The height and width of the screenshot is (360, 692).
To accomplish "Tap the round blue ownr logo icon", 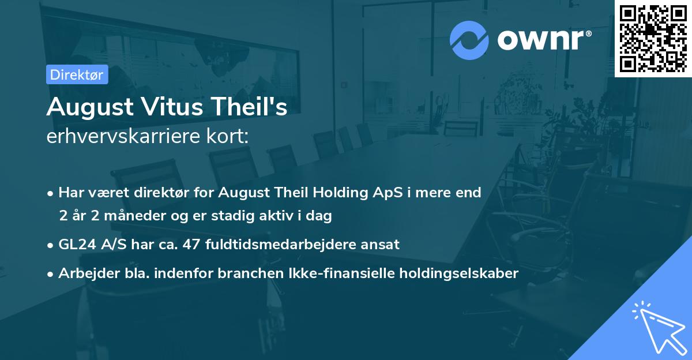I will (x=469, y=40).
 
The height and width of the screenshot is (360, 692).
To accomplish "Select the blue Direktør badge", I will (x=77, y=74).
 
